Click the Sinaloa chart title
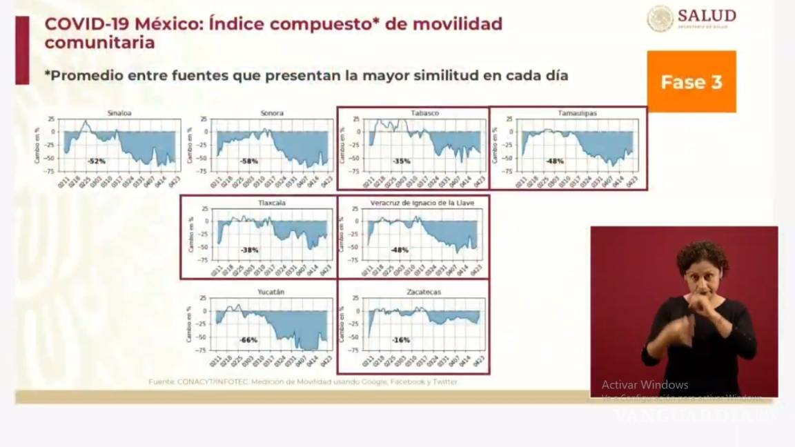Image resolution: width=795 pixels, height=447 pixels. coord(119,112)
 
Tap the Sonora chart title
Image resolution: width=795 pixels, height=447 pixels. coord(272,112)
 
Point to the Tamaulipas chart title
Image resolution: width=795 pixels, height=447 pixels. coord(578,112)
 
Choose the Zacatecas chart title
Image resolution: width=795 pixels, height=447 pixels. coord(424,292)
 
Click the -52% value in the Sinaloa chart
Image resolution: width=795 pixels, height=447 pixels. coord(96,161)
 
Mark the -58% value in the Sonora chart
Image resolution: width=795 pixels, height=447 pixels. coord(249,161)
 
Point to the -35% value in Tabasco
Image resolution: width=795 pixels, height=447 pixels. coord(402,161)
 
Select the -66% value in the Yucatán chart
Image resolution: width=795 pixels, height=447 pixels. coord(248,340)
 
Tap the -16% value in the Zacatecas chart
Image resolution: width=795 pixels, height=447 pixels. coord(401,340)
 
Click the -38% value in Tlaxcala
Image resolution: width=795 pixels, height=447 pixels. coord(249,250)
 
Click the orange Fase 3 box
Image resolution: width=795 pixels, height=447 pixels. coord(691,82)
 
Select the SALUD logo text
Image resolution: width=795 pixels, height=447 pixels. coord(707,15)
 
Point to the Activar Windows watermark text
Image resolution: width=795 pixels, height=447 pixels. coord(645,385)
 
